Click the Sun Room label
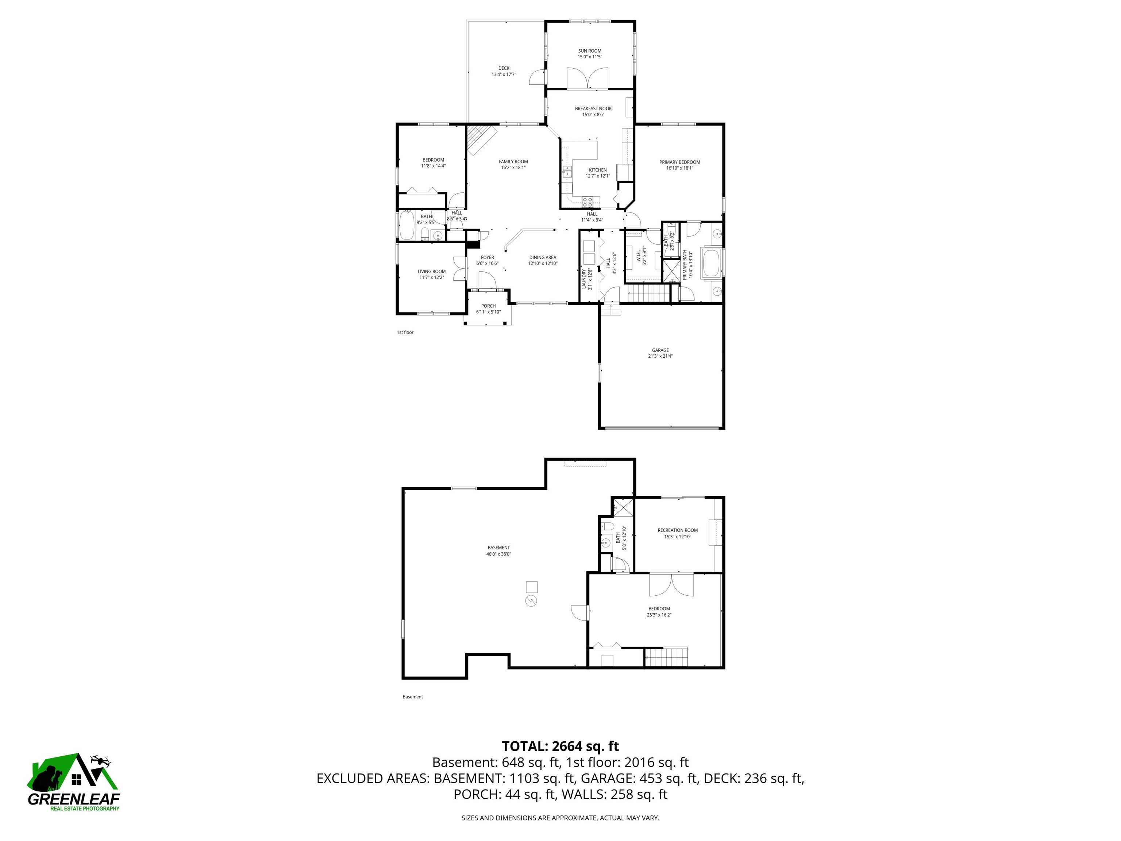click(589, 51)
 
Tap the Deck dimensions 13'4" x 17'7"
click(503, 74)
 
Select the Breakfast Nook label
click(593, 108)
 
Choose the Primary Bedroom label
click(679, 162)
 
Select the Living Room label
click(431, 272)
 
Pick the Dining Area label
click(542, 258)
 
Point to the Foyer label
click(487, 258)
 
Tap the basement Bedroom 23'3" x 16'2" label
click(659, 609)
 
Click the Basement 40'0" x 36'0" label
click(498, 548)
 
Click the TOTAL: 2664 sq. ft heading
click(560, 746)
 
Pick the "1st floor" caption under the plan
click(405, 333)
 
